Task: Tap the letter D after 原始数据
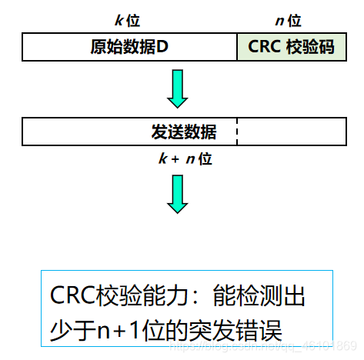point(163,47)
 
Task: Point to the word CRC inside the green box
point(264,47)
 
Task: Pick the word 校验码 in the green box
point(307,47)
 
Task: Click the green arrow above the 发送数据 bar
point(178,89)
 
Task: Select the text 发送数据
point(183,132)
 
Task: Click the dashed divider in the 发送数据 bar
point(237,132)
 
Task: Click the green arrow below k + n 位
point(178,193)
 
